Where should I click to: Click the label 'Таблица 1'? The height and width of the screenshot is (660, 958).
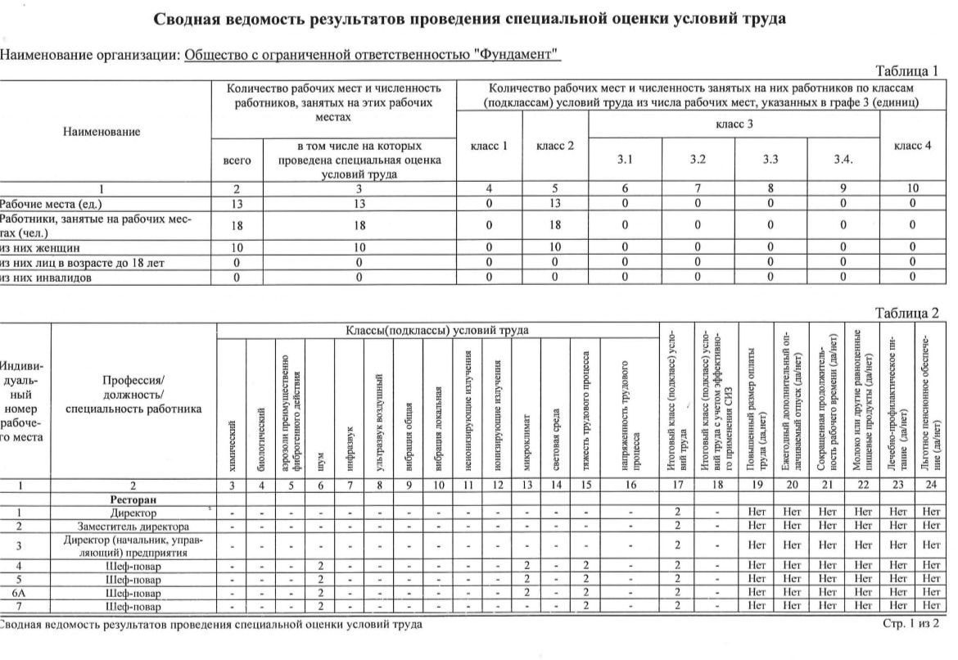click(x=906, y=70)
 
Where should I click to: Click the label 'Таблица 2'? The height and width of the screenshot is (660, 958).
click(x=906, y=313)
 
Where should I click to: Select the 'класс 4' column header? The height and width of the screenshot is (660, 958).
click(x=913, y=146)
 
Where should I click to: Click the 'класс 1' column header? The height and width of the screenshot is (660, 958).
click(x=489, y=146)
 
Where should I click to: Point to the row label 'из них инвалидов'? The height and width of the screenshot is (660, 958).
click(x=45, y=277)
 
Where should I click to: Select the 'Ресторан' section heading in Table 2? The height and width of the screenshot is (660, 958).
click(x=133, y=499)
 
